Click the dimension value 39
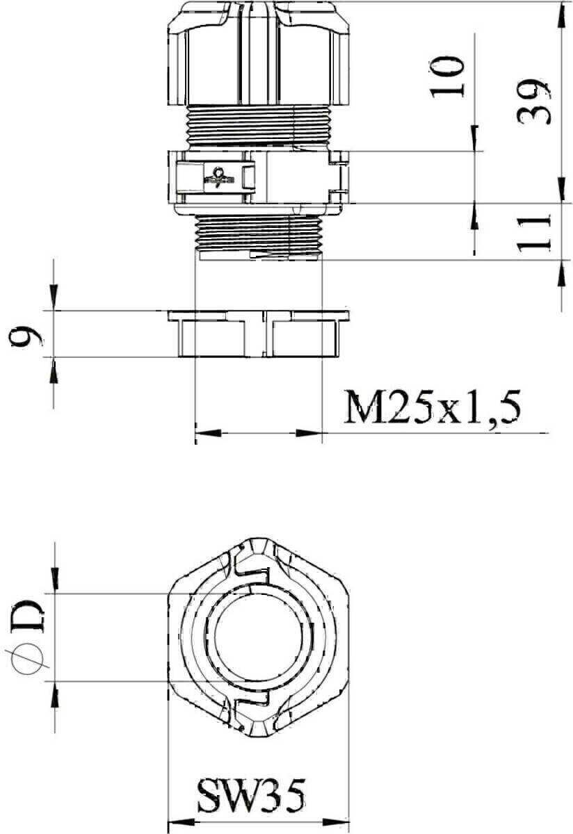click(x=533, y=101)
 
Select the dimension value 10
click(x=447, y=77)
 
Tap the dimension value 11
click(x=533, y=232)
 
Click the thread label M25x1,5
click(x=431, y=407)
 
